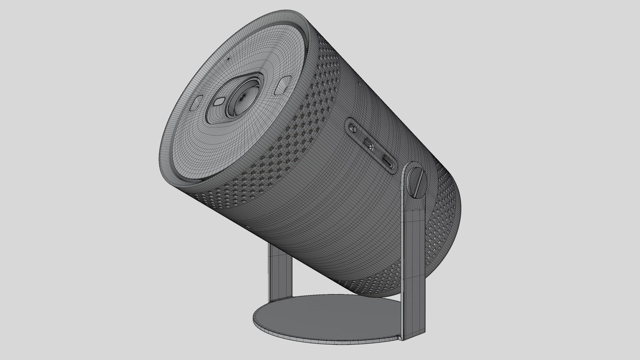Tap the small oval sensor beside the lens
220,101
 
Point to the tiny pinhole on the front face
229,59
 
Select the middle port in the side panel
369,143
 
